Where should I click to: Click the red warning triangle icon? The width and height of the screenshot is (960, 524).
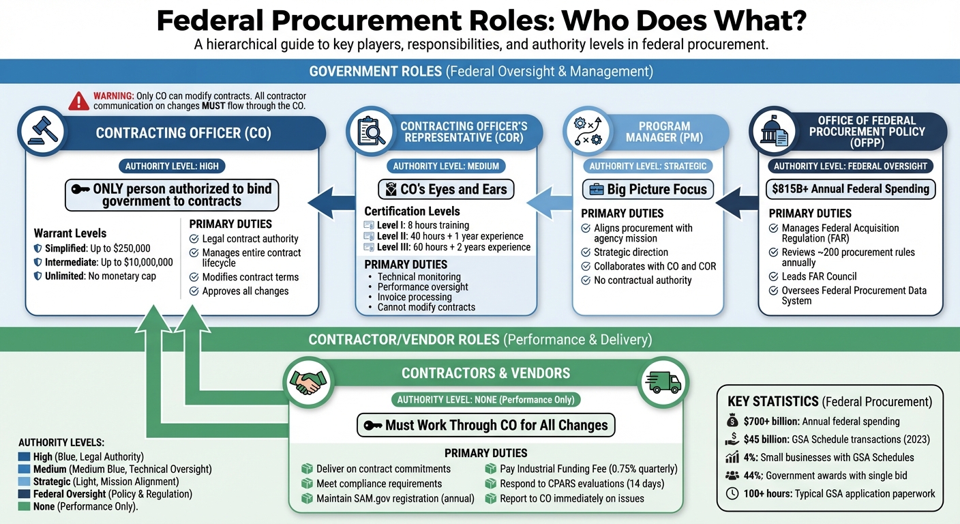pyautogui.click(x=79, y=101)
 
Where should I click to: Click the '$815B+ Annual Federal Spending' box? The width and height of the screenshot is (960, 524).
pyautogui.click(x=850, y=189)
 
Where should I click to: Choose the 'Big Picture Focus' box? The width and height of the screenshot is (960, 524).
pyautogui.click(x=648, y=189)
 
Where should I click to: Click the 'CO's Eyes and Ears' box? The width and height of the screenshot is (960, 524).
pyautogui.click(x=446, y=189)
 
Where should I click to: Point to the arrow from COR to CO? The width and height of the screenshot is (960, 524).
pyautogui.click(x=332, y=201)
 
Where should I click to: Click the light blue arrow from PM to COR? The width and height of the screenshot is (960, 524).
pyautogui.click(x=550, y=201)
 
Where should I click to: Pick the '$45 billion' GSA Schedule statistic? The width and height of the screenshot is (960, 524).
pyautogui.click(x=828, y=439)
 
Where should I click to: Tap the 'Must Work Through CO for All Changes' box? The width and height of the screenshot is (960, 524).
pyautogui.click(x=486, y=425)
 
